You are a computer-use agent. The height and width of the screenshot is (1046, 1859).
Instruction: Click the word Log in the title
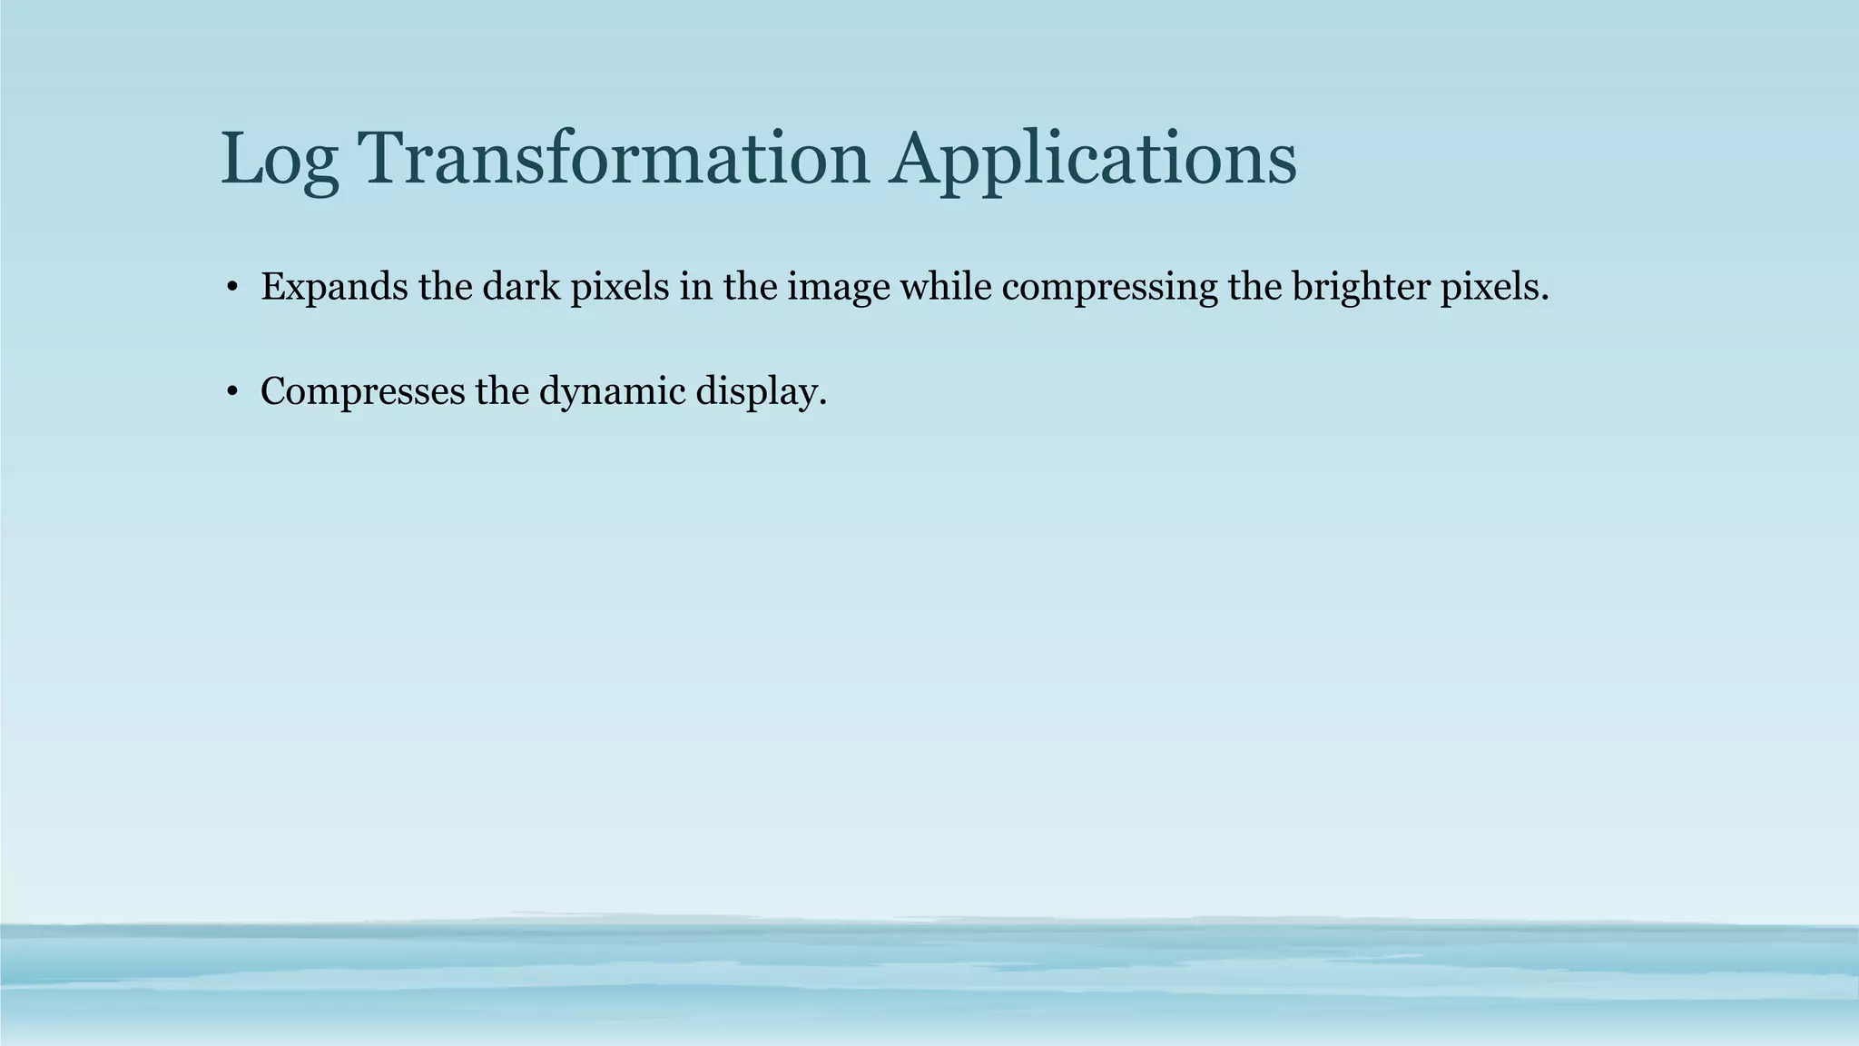pos(280,160)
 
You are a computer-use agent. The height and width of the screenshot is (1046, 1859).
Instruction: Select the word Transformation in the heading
pos(615,158)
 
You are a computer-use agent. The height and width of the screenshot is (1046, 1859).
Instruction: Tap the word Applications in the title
pos(1093,160)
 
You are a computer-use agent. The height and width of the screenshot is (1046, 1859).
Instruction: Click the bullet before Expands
pos(232,289)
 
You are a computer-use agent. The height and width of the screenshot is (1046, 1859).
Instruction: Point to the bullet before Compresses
pos(232,393)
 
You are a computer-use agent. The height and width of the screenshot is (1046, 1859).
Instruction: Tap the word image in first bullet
pos(838,288)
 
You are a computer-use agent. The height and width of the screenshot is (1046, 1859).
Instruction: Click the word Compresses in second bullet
pos(361,392)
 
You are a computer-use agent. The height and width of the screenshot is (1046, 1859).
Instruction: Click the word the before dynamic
pos(502,391)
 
